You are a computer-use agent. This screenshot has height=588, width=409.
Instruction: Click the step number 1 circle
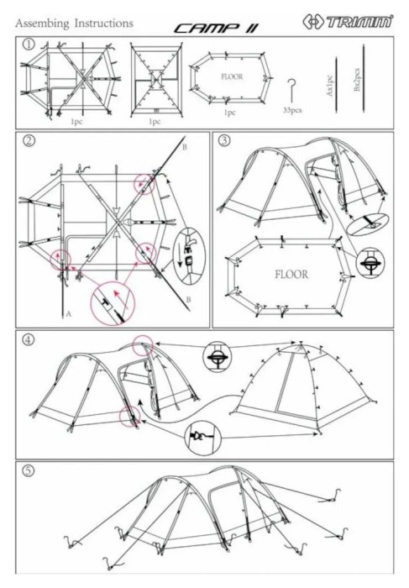tap(29, 45)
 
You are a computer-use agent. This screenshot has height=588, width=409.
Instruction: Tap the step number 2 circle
tap(29, 140)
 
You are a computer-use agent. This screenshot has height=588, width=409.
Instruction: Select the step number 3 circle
tap(224, 140)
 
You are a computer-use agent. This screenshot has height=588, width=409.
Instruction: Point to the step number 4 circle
tap(29, 339)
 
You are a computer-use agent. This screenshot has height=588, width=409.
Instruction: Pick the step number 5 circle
tap(29, 470)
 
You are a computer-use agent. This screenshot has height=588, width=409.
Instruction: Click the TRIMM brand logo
tap(349, 22)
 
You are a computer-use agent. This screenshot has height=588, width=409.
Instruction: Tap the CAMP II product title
tap(217, 29)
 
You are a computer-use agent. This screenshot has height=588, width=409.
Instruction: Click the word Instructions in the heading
tap(104, 24)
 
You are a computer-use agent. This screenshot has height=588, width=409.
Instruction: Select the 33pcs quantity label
tap(292, 110)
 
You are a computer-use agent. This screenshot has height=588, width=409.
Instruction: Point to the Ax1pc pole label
tap(329, 86)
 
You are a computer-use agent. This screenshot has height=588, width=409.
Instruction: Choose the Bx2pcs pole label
tap(357, 79)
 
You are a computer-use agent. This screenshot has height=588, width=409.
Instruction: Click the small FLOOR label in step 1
tap(232, 77)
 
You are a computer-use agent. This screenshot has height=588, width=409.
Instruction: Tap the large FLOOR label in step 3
tap(291, 274)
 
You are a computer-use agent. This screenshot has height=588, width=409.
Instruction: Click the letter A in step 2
tap(68, 314)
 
